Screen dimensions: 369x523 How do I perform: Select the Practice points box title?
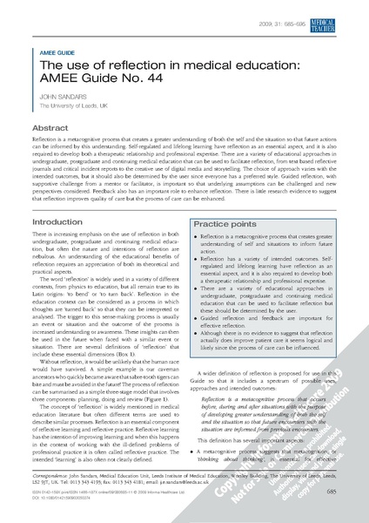point(228,225)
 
